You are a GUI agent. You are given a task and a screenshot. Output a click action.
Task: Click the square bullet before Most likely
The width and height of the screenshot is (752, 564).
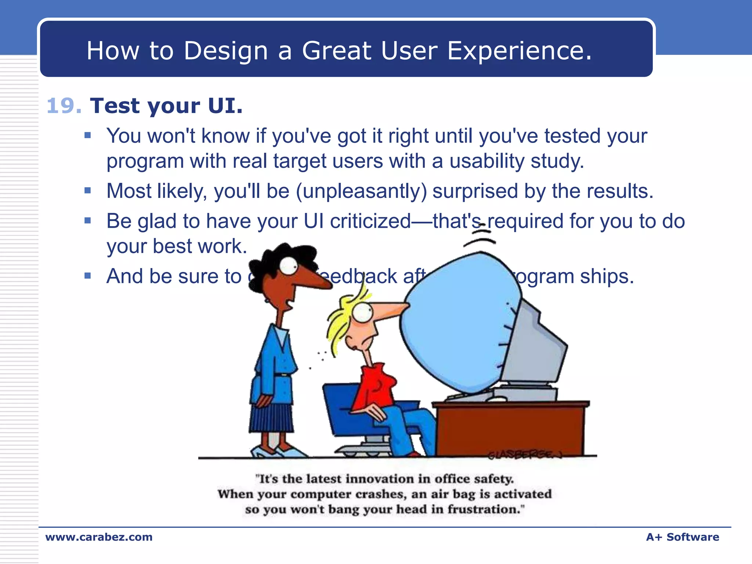click(87, 191)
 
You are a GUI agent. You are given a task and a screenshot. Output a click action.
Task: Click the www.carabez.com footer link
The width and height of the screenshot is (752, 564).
click(99, 537)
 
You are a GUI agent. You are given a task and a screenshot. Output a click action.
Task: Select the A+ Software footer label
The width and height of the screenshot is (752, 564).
click(682, 537)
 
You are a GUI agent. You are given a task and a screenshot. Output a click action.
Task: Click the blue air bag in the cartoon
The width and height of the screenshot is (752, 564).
click(459, 323)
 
